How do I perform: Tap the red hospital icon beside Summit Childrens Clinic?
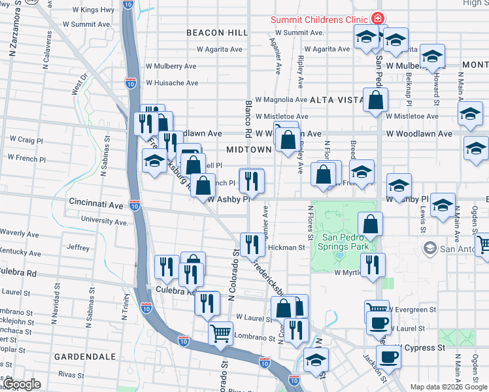coord(377,18)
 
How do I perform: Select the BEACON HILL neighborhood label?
coord(216,33)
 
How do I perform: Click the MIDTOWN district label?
coord(248,150)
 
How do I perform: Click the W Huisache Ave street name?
coord(171,83)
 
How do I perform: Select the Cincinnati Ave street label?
coord(96,204)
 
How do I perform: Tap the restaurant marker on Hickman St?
coord(252,244)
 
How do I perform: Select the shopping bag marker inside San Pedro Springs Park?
coord(370,224)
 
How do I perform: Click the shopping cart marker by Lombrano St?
coord(220,333)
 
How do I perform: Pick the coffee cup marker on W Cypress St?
coord(388,357)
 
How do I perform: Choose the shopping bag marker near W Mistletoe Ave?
coord(375,100)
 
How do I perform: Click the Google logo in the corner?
coord(22,384)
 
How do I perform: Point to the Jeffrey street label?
coord(78,248)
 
